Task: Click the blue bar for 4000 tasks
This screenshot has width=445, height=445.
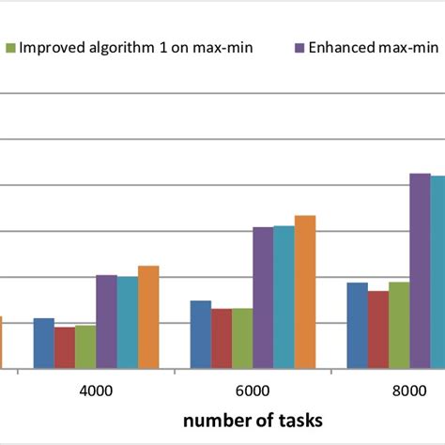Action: pyautogui.click(x=44, y=344)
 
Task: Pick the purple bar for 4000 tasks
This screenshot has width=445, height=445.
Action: pyautogui.click(x=106, y=321)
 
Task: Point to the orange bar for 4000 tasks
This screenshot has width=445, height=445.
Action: pyautogui.click(x=148, y=317)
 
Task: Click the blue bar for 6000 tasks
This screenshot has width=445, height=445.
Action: pyautogui.click(x=201, y=334)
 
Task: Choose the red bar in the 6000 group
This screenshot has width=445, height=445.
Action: pyautogui.click(x=222, y=339)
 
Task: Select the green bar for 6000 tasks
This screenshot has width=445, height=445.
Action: pyautogui.click(x=242, y=339)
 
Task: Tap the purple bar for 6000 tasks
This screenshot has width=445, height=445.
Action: pyautogui.click(x=263, y=298)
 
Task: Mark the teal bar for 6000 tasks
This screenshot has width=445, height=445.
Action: pyautogui.click(x=284, y=297)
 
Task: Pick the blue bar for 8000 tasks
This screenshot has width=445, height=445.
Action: pyautogui.click(x=358, y=326)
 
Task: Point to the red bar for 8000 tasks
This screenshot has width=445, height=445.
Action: pyautogui.click(x=378, y=330)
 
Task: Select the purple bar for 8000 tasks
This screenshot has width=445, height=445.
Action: pyautogui.click(x=420, y=271)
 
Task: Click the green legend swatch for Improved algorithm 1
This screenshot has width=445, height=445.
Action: pyautogui.click(x=10, y=46)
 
